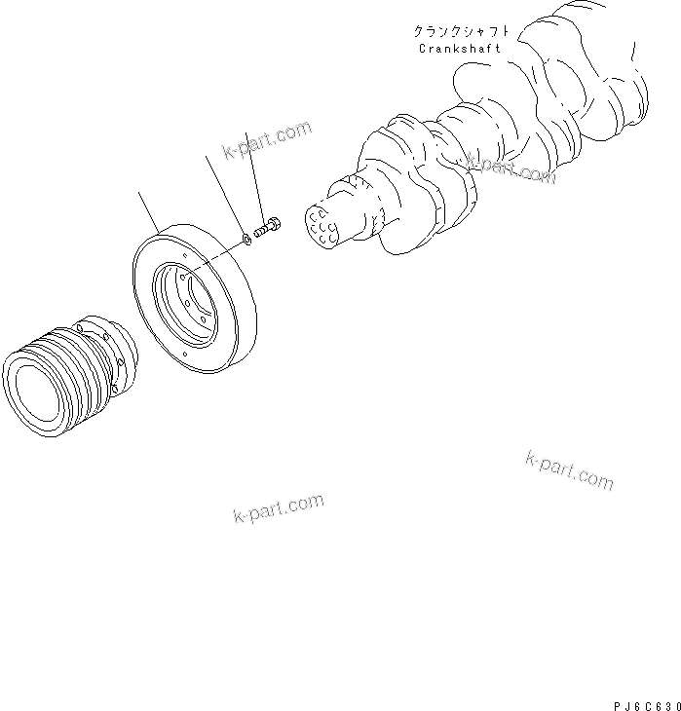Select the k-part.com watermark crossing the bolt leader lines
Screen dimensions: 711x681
click(266, 140)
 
